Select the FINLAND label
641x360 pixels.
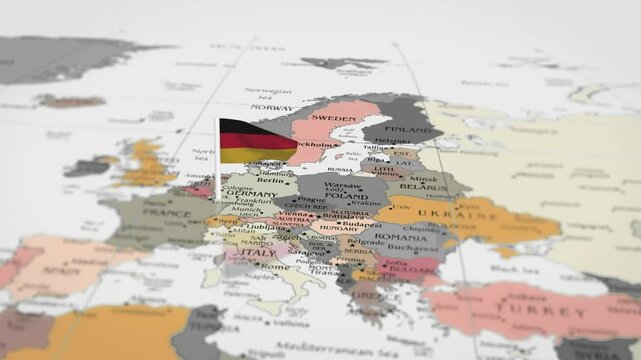[x=410, y=129]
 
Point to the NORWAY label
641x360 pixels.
[x=271, y=107]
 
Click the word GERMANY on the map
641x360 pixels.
[x=251, y=192]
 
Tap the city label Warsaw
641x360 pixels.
[x=343, y=185]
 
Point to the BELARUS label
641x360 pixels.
[x=418, y=186]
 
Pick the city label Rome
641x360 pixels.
[x=275, y=266]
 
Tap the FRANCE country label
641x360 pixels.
[x=167, y=212]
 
